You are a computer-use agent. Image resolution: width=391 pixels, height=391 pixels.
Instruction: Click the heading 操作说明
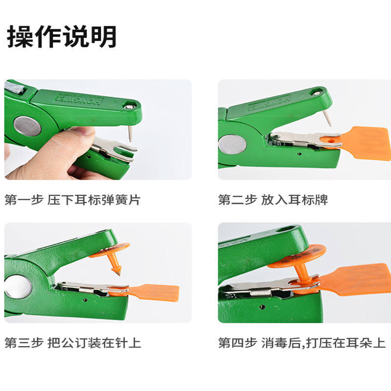62,37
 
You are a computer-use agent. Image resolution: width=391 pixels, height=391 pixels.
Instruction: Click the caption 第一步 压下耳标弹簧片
72,200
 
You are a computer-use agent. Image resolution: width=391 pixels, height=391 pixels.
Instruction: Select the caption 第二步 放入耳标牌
273,200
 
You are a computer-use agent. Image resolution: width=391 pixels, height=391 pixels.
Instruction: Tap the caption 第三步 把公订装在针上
73,343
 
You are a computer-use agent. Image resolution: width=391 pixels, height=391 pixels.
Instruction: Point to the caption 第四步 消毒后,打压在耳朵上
302,343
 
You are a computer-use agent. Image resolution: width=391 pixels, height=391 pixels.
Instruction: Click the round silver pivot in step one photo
27,126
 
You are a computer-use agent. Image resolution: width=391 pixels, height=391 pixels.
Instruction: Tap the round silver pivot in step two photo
232,144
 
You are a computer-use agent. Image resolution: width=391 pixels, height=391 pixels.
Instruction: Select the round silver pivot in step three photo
18,286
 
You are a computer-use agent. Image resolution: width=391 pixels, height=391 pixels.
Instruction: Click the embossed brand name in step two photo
269,103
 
